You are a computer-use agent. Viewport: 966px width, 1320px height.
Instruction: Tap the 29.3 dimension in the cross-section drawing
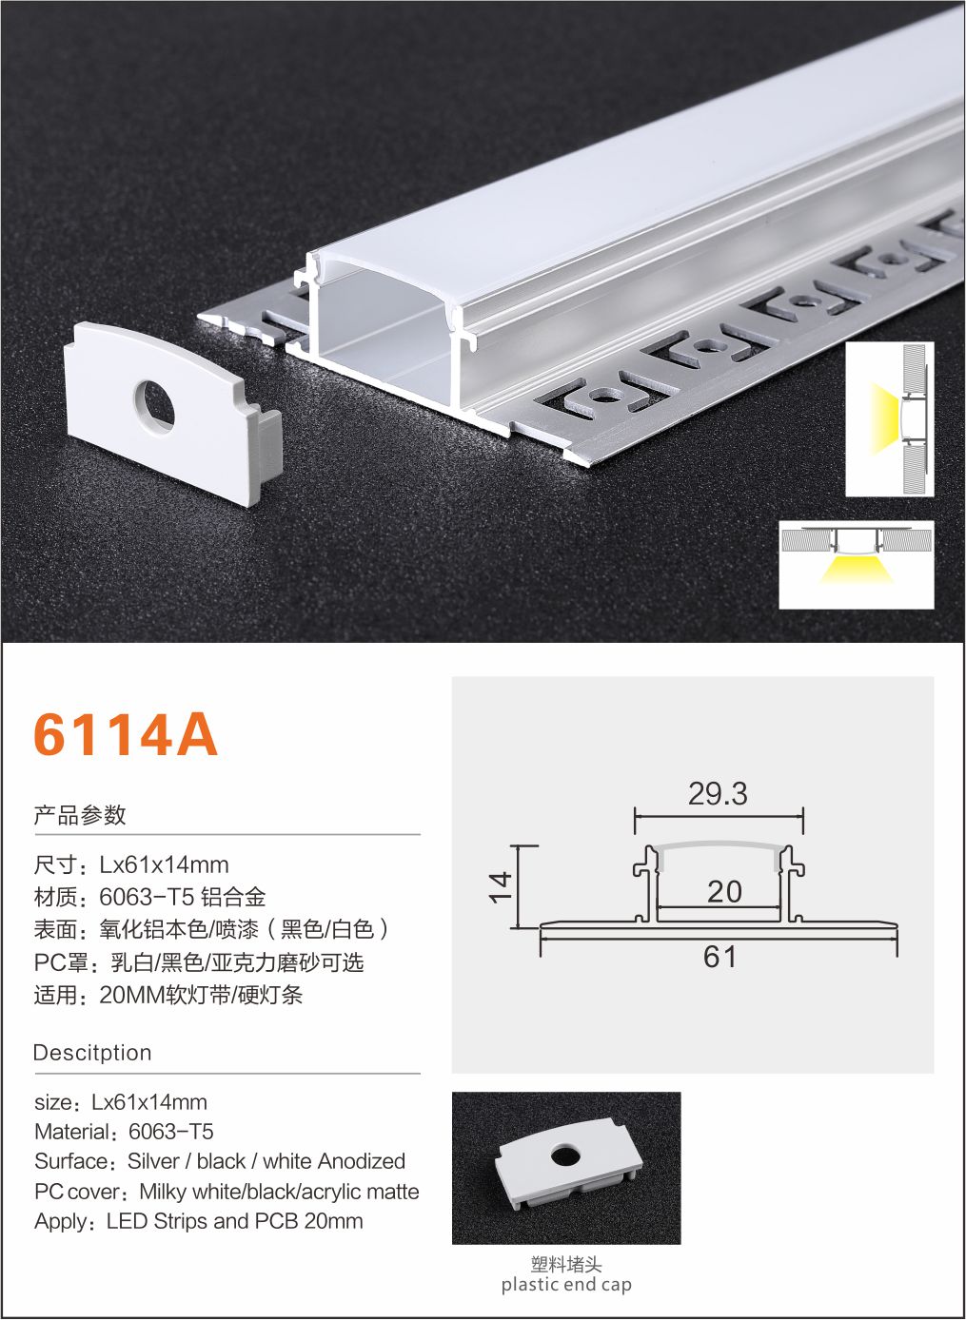(x=718, y=793)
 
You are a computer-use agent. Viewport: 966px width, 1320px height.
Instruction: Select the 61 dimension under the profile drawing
(x=720, y=957)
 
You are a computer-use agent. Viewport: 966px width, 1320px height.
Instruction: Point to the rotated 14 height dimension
(x=500, y=887)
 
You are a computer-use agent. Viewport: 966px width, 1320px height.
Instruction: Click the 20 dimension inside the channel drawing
(x=724, y=892)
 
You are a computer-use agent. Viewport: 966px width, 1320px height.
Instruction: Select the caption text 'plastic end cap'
(x=566, y=1285)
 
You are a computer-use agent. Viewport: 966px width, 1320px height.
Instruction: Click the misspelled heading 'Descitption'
(x=92, y=1053)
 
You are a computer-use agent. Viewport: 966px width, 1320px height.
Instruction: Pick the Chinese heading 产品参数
(x=80, y=815)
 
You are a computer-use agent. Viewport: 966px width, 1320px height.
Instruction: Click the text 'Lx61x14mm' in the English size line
(x=149, y=1102)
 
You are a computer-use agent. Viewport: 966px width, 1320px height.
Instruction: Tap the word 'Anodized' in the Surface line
(x=361, y=1161)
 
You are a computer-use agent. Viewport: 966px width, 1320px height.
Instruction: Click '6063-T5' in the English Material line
(x=171, y=1132)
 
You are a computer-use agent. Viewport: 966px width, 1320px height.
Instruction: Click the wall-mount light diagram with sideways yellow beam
(x=889, y=419)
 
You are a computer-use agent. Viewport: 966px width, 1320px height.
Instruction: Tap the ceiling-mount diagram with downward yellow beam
(x=857, y=565)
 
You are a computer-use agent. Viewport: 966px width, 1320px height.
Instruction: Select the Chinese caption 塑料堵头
(x=566, y=1265)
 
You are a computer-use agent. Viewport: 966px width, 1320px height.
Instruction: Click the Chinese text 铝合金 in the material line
(x=233, y=897)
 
